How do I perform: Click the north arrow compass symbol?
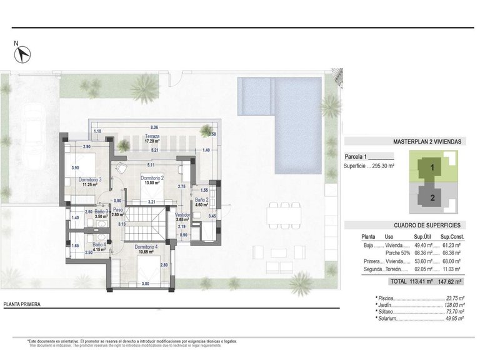[x=23, y=54]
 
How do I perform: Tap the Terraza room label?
[x=152, y=136]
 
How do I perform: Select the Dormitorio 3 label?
[x=91, y=180]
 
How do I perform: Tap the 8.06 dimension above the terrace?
[x=154, y=126]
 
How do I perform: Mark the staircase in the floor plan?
[x=147, y=224]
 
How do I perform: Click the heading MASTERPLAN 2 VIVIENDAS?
[x=427, y=142]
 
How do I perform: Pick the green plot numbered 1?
[x=431, y=167]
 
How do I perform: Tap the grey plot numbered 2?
[x=431, y=198]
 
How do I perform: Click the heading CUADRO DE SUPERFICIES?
[x=427, y=224]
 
